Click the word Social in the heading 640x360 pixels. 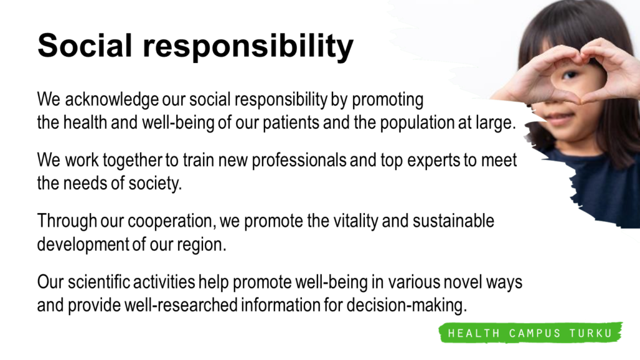tap(85, 45)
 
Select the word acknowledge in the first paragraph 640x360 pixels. tap(111, 100)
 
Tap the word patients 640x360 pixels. tap(291, 123)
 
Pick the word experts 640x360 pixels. tap(434, 161)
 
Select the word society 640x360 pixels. tap(155, 184)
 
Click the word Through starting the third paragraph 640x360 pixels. tap(67, 221)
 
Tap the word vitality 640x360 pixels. tap(356, 221)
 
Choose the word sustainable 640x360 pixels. tap(453, 221)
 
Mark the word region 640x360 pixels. tap(201, 245)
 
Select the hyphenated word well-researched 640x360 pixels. tap(181, 305)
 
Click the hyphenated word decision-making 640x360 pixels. tap(406, 305)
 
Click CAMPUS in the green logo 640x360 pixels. tap(535, 334)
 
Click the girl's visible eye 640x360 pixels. tap(570, 75)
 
